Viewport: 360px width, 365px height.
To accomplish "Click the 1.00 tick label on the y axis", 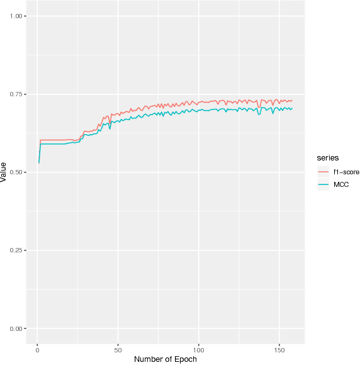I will tap(16, 16).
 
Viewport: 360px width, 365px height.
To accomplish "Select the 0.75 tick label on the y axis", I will tap(16, 94).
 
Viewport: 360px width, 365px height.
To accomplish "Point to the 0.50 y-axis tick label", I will tap(16, 172).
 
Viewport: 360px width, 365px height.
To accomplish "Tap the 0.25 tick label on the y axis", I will tap(16, 250).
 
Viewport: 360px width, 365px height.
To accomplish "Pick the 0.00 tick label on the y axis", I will tap(16, 328).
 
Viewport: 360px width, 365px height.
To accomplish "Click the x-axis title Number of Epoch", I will tap(166, 359).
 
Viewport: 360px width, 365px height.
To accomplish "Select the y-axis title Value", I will tap(4, 172).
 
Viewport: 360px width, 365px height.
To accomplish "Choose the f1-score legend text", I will tap(342, 171).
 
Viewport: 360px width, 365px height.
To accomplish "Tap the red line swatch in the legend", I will tap(324, 171).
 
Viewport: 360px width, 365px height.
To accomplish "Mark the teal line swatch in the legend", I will tap(324, 184).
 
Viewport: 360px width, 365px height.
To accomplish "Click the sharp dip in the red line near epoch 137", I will tap(259, 107).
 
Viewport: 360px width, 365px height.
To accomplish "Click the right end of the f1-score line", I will tap(292, 101).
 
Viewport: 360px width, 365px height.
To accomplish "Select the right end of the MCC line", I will tap(292, 108).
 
